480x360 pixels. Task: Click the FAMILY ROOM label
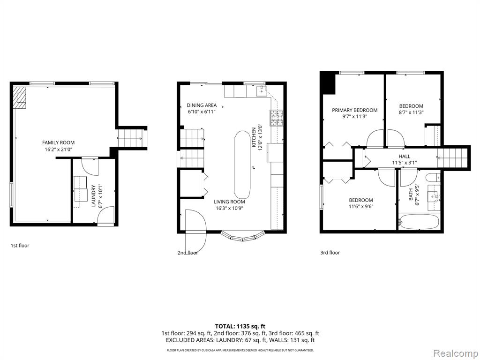coord(58,142)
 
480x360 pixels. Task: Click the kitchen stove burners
coord(277,118)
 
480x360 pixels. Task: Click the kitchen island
coord(242,165)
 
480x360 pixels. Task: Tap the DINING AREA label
coord(202,105)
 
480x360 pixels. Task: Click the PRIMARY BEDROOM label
coord(355,110)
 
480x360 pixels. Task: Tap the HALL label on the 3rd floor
coord(405,157)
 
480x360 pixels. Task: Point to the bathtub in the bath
coord(419,221)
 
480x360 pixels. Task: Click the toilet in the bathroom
coord(434,177)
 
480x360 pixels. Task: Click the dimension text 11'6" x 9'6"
coord(361,206)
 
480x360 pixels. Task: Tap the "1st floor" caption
coord(20,246)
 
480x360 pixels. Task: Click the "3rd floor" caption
coord(330,253)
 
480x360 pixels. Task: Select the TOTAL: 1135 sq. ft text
coord(238,326)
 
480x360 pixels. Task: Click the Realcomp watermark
coord(456,353)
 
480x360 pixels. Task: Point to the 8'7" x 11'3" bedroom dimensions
coord(411,112)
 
